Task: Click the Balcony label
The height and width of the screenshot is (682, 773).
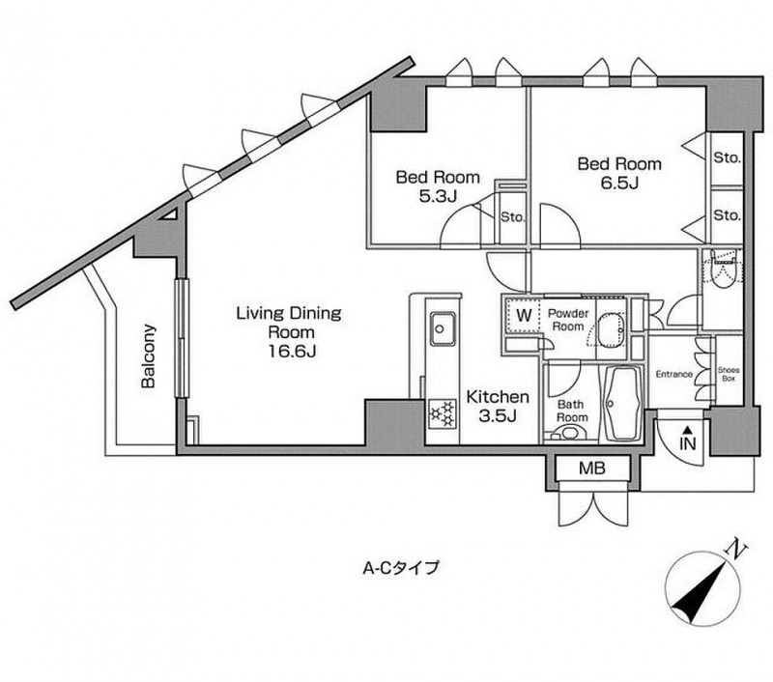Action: tap(148, 355)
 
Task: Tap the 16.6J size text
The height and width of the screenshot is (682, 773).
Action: tap(293, 351)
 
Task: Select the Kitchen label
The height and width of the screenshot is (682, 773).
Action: tap(498, 396)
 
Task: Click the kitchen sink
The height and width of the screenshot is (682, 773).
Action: tap(442, 327)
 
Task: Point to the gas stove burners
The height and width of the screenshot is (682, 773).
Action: tap(442, 412)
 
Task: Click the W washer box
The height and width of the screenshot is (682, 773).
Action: tap(523, 315)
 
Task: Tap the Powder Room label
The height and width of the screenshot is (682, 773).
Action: tap(568, 320)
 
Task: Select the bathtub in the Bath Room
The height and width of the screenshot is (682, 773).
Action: tap(621, 404)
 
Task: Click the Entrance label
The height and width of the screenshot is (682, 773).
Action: tap(673, 375)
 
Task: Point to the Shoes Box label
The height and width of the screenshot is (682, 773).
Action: tap(729, 375)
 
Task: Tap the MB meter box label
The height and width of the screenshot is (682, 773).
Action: tap(591, 469)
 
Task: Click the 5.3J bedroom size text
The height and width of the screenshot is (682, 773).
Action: tap(438, 197)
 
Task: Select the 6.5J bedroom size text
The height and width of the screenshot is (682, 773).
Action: tap(619, 184)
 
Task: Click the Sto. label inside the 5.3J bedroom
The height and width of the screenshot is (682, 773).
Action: tap(513, 216)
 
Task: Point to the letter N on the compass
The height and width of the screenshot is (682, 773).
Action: tap(737, 550)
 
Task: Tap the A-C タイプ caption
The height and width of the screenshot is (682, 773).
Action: tap(400, 568)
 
